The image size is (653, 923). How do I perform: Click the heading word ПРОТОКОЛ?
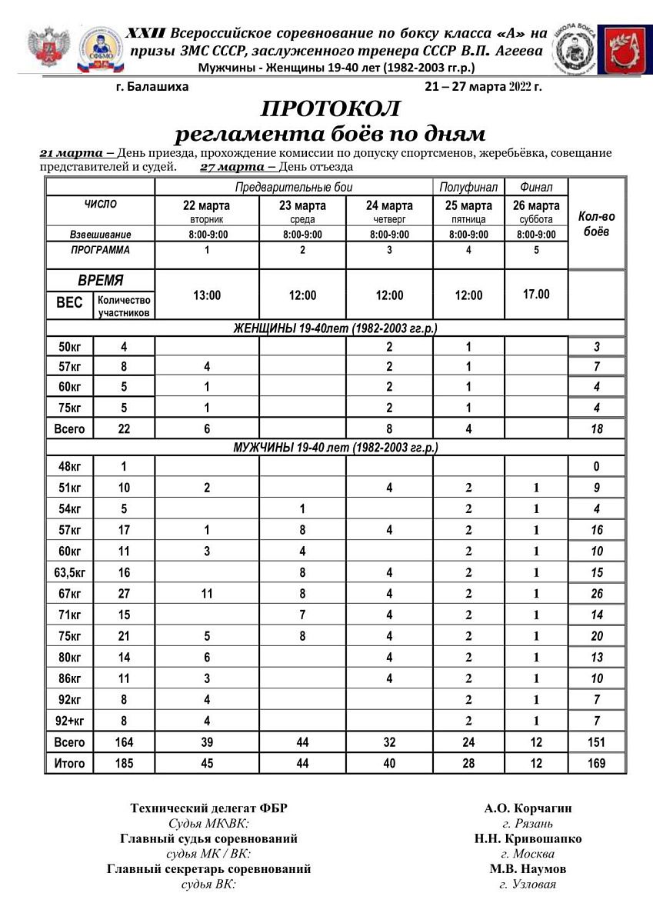point(331,108)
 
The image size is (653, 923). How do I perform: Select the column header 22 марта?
point(206,205)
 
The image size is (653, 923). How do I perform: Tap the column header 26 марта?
point(536,205)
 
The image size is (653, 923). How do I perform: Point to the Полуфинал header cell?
point(468,187)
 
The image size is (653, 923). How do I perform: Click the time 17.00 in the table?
point(536,294)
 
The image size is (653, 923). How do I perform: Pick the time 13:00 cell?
point(206,295)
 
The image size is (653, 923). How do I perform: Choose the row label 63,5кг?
point(69,572)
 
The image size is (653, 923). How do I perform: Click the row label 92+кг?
point(69,721)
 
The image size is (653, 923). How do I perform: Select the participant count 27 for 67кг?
point(124,594)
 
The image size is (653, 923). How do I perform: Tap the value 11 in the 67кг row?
point(206,594)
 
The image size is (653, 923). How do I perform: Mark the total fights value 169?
point(597,763)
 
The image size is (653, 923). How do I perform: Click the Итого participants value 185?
point(124,763)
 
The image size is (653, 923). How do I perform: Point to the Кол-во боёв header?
point(597,224)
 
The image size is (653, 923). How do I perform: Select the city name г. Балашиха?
point(152,86)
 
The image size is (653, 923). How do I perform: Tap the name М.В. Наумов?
point(528,868)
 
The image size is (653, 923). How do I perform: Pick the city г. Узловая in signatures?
point(528,884)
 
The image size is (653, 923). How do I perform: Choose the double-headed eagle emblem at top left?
point(49,49)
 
